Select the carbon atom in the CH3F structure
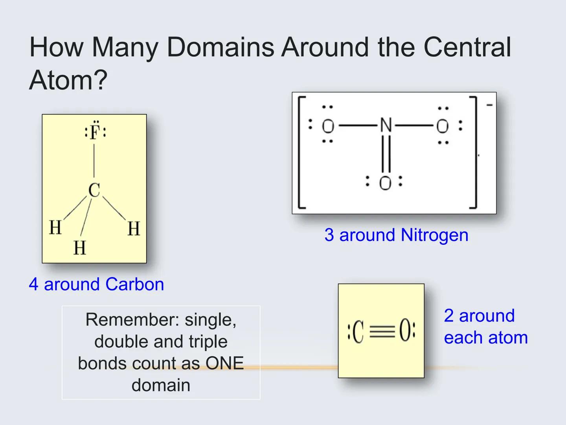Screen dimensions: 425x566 [x=94, y=190]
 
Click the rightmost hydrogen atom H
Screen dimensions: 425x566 [x=134, y=229]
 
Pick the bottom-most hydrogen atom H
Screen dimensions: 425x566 [x=80, y=248]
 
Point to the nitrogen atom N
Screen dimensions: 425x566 [x=386, y=126]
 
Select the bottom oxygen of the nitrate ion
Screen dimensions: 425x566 [x=385, y=183]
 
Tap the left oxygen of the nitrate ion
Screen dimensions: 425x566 [x=328, y=126]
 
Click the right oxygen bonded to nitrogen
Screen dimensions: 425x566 [x=442, y=126]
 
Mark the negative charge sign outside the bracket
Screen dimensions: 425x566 [x=489, y=105]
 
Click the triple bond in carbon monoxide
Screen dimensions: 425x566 [x=382, y=331]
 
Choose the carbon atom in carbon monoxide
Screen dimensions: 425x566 [x=358, y=331]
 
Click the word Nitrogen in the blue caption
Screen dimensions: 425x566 [x=434, y=235]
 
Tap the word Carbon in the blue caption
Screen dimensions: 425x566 [x=134, y=284]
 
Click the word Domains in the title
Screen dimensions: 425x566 [x=220, y=47]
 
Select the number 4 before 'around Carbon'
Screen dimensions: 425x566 [x=33, y=284]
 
